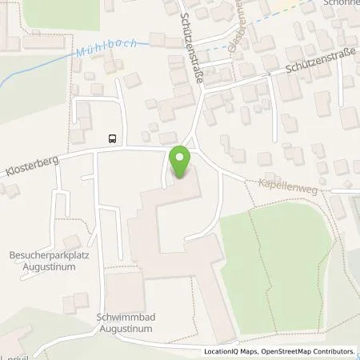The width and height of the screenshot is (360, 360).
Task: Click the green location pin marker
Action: point(180,162)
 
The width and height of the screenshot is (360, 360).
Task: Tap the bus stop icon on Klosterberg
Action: point(112,138)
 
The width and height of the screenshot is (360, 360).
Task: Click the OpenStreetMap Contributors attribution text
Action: point(307,351)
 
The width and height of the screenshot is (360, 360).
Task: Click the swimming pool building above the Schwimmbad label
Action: point(123,288)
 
